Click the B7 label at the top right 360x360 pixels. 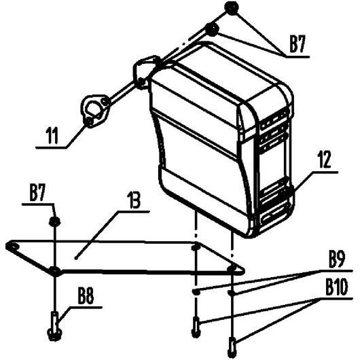coord(297,44)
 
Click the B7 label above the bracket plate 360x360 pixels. coord(37,194)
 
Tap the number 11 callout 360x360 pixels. coord(52,135)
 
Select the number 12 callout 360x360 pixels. coord(324,160)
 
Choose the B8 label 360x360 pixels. coord(86,296)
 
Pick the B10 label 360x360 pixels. coord(336,287)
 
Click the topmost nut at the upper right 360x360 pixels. coord(232,8)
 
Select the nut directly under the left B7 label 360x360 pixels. coord(55,221)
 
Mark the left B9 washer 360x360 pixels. coord(196,292)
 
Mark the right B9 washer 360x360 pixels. coord(232,292)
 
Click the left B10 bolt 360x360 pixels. coord(196,327)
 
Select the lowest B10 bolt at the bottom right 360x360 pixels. coord(232,348)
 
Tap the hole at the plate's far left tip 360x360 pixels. coord(12,246)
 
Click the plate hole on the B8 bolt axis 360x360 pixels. coord(55,271)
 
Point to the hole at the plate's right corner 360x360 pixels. coord(232,268)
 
